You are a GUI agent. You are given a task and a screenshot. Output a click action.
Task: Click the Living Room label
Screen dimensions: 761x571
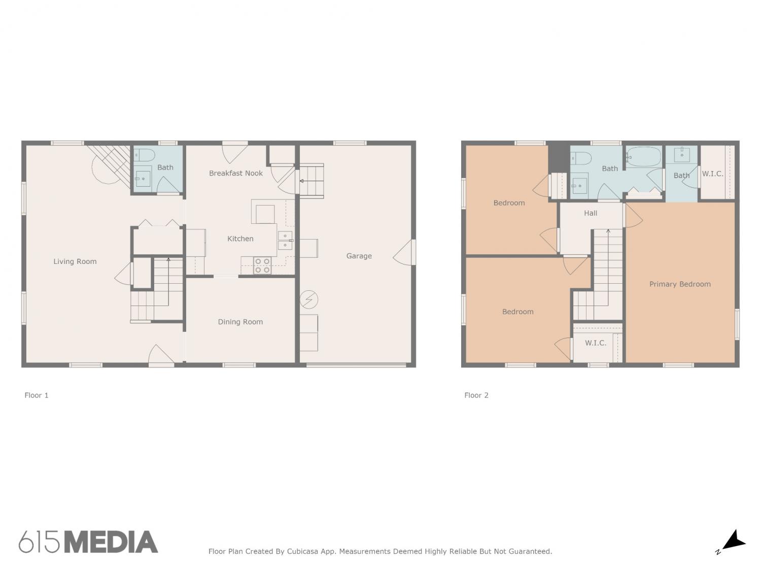point(75,261)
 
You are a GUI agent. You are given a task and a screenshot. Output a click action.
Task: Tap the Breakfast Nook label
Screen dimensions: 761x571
point(236,173)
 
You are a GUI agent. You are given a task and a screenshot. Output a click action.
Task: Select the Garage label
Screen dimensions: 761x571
point(359,256)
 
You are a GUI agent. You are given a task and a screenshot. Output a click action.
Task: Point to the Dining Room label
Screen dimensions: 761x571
point(240,322)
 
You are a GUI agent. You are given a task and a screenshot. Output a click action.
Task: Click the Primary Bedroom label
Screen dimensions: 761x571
point(679,284)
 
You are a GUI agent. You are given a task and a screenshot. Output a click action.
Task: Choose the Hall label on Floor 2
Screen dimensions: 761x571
point(591,213)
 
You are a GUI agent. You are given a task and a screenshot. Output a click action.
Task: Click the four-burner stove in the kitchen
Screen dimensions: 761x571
point(262,265)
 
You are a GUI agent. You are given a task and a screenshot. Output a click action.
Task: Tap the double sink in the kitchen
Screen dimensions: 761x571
point(285,240)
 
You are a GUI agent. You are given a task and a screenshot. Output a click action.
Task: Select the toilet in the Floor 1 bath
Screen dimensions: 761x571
point(144,155)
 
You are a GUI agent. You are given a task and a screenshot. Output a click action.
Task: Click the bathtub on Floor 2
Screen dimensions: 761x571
point(644,157)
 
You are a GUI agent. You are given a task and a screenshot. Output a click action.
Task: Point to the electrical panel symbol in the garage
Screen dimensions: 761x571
point(308,299)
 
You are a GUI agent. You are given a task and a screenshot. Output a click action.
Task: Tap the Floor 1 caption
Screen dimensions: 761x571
point(37,395)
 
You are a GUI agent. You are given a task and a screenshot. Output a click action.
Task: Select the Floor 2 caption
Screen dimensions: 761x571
point(476,395)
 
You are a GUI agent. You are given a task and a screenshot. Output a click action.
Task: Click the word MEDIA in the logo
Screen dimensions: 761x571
point(112,542)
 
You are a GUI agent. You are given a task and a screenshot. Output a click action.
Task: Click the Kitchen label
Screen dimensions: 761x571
point(240,239)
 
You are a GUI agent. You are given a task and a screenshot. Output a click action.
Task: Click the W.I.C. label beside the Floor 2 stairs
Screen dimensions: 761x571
point(596,343)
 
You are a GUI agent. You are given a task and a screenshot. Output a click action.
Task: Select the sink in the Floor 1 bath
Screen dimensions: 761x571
point(143,179)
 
